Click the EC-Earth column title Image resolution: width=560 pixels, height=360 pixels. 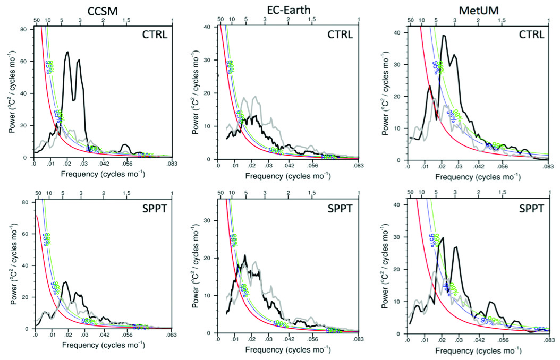[287, 7]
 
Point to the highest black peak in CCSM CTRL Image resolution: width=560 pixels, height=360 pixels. [67, 52]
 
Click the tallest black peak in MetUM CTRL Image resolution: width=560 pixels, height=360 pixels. [444, 36]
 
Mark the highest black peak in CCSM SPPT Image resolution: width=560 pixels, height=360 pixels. [65, 282]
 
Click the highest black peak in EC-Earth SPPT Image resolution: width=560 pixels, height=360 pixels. [245, 256]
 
